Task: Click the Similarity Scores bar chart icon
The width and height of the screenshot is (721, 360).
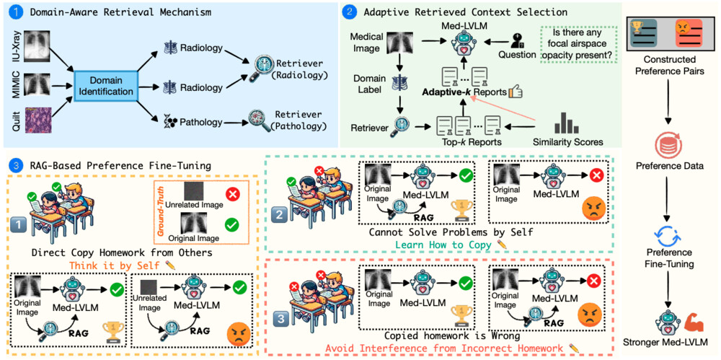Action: pyautogui.click(x=573, y=122)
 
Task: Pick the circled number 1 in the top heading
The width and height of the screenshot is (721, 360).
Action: pyautogui.click(x=15, y=12)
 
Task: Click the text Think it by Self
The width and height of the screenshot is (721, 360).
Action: pyautogui.click(x=118, y=265)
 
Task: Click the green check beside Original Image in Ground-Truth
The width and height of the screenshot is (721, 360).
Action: pyautogui.click(x=231, y=225)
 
